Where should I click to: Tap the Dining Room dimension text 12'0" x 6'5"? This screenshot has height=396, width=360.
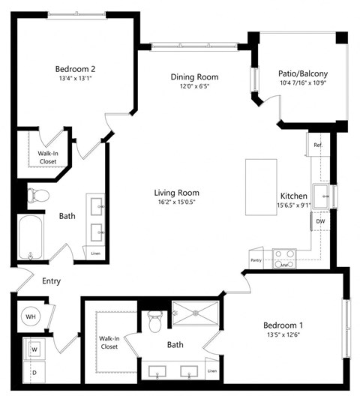click(x=193, y=85)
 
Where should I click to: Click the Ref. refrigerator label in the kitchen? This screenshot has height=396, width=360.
click(x=317, y=145)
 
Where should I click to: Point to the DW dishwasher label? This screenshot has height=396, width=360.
click(x=320, y=221)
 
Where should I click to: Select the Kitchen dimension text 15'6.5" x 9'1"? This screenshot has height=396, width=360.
click(x=293, y=205)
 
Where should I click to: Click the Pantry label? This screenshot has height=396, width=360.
click(x=256, y=260)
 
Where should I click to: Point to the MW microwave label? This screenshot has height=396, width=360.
click(x=284, y=264)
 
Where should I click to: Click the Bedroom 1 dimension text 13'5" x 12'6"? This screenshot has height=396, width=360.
click(x=283, y=335)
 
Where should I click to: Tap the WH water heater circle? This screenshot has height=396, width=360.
click(x=31, y=317)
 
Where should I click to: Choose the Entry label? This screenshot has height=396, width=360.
click(x=51, y=281)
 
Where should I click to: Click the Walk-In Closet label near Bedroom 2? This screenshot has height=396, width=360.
click(x=49, y=156)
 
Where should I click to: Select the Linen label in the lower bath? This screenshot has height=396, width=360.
click(x=212, y=371)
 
